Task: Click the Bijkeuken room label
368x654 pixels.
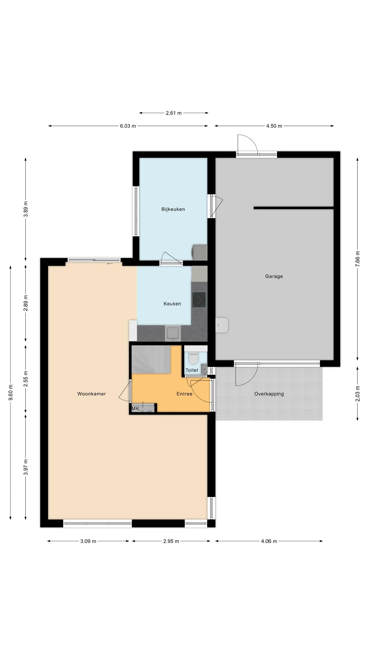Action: [x=173, y=209]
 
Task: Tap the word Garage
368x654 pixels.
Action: [x=274, y=276]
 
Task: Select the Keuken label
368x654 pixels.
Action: [x=172, y=304]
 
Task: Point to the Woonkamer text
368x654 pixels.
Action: [x=91, y=394]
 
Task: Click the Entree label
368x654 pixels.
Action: [x=185, y=394]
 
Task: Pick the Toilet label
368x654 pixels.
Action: [x=192, y=370]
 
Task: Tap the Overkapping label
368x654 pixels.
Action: [x=269, y=394]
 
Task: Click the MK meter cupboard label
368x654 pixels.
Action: [x=135, y=408]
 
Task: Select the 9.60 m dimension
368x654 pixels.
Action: [x=11, y=392]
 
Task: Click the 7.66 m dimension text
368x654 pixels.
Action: [x=358, y=259]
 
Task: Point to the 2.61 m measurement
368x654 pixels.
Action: [x=174, y=113]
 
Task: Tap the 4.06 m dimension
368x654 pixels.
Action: [x=269, y=541]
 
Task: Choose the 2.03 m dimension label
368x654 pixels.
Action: [x=358, y=393]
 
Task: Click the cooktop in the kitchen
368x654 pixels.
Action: [x=199, y=300]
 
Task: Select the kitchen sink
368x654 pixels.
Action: [x=173, y=333]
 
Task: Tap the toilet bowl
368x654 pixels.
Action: [x=193, y=358]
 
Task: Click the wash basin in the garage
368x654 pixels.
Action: [x=222, y=325]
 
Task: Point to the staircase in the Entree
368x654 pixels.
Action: [x=151, y=360]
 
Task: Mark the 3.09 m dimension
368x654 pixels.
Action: [x=88, y=541]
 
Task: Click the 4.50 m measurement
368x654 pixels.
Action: [x=274, y=126]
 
